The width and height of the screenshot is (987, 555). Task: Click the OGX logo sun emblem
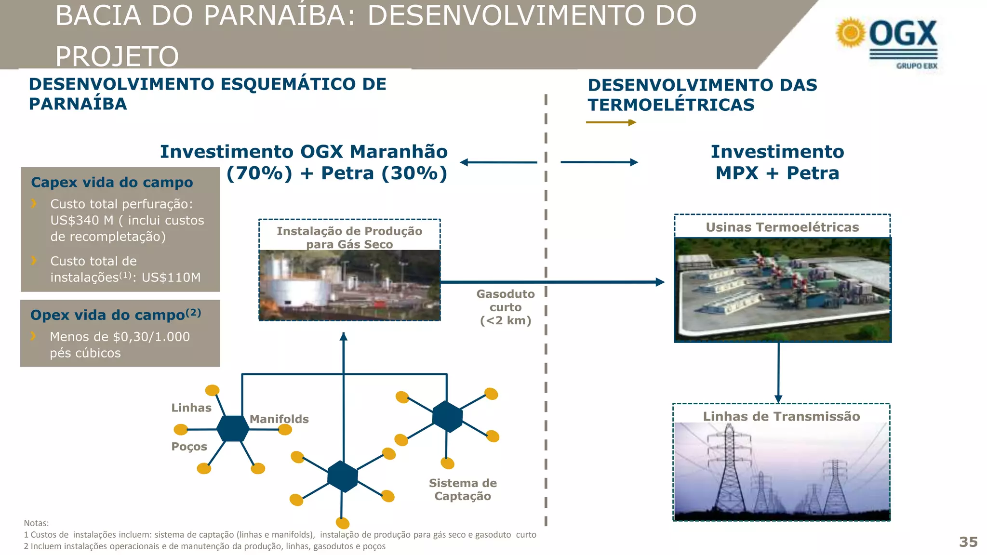pyautogui.click(x=851, y=33)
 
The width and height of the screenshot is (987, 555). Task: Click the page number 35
pyautogui.click(x=968, y=542)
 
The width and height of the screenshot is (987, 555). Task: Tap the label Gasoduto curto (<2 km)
pyautogui.click(x=506, y=307)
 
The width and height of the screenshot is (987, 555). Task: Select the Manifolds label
pyautogui.click(x=279, y=419)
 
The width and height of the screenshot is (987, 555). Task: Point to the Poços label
pyautogui.click(x=189, y=447)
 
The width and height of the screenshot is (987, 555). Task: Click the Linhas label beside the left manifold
pyautogui.click(x=191, y=408)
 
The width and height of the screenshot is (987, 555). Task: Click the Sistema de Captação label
pyautogui.click(x=463, y=489)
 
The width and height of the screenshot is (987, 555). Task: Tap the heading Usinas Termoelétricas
pyautogui.click(x=782, y=227)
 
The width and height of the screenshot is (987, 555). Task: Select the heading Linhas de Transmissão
pyautogui.click(x=781, y=417)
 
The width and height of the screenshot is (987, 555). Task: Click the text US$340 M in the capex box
pyautogui.click(x=81, y=220)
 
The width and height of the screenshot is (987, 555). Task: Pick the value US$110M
pyautogui.click(x=171, y=277)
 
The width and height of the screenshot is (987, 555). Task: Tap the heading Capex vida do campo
pyautogui.click(x=112, y=183)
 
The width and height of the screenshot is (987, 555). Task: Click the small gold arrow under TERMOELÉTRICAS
pyautogui.click(x=611, y=122)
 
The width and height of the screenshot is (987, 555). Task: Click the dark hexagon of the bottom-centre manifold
pyautogui.click(x=343, y=476)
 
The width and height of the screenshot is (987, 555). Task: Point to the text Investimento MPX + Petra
pyautogui.click(x=777, y=162)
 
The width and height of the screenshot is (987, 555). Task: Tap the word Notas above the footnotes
pyautogui.click(x=36, y=523)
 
